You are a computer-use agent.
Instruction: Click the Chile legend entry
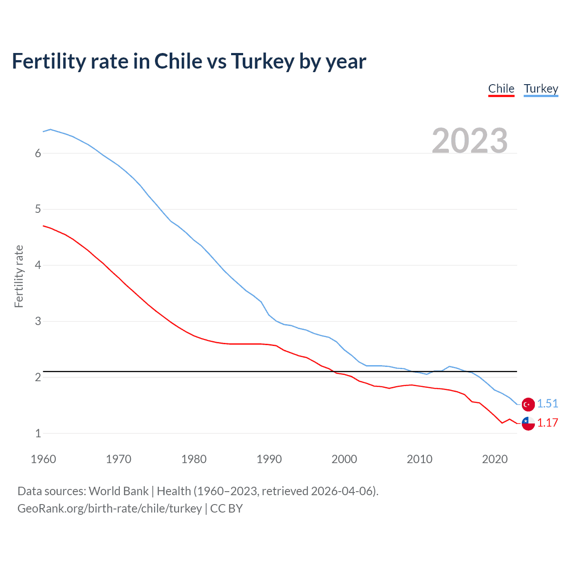point(501,89)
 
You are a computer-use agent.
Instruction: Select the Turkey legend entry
point(541,89)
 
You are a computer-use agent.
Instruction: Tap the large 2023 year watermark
point(469,141)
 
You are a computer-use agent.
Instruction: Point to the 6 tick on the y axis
point(38,154)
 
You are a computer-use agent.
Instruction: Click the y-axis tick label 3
point(38,321)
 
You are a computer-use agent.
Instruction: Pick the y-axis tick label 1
point(38,433)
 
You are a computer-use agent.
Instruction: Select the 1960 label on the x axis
point(43,459)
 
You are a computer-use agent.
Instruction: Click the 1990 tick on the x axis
point(269,459)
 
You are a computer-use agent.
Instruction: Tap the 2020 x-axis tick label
point(495,459)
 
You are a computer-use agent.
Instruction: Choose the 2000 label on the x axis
point(344,459)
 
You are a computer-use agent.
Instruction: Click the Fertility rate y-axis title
point(19,276)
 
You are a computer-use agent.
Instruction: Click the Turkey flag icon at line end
point(528,404)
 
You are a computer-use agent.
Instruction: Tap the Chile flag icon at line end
point(528,423)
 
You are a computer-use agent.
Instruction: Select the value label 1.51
point(547,403)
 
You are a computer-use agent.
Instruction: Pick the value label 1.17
point(547,423)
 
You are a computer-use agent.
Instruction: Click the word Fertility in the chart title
point(48,61)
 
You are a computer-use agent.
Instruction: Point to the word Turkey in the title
point(263,61)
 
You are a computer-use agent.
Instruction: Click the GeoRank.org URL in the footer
point(110,509)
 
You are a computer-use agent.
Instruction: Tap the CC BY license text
point(226,509)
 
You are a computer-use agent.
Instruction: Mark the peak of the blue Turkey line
point(50,129)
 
